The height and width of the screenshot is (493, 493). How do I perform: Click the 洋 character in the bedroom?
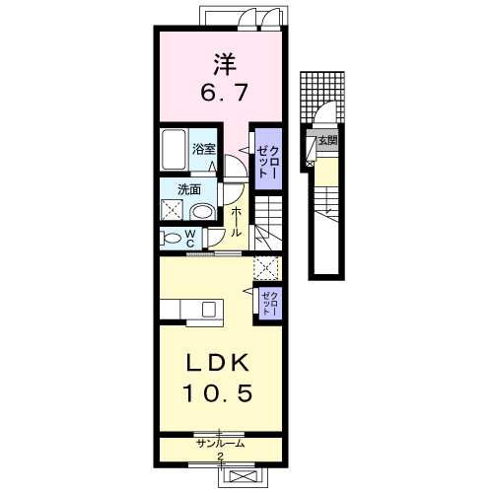point(225,64)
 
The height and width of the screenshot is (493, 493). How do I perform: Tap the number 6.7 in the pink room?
point(224,93)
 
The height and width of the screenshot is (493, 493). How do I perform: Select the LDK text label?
point(217,363)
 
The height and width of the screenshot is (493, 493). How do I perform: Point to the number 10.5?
point(218,392)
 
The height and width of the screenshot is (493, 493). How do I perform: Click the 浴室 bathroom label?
point(204,150)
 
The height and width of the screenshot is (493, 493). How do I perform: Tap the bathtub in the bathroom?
point(174,150)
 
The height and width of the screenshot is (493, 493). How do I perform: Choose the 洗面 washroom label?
point(189,189)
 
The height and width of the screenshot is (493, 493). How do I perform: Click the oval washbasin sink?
point(202,211)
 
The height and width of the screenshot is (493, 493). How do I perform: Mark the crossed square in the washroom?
point(171,210)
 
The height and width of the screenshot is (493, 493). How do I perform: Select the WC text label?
point(190,239)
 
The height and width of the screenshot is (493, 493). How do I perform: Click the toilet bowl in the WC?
point(172,238)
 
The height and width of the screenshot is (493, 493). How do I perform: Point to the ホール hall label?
point(236,222)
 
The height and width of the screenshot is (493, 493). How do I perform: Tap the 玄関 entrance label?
point(327,141)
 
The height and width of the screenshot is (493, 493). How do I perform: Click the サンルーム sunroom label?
point(221,444)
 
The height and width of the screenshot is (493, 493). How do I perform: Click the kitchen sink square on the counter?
point(209,310)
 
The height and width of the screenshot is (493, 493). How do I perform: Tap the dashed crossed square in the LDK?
point(266,268)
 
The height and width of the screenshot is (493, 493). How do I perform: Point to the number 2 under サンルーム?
point(220,457)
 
